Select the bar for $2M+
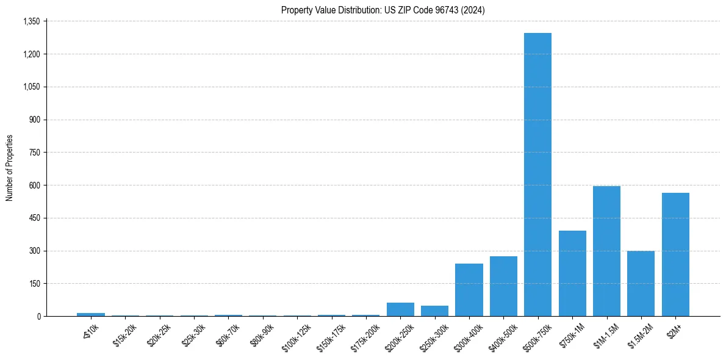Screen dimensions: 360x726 pyautogui.click(x=675, y=254)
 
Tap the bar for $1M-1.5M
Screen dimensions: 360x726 pyautogui.click(x=606, y=251)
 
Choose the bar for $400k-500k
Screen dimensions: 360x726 pyautogui.click(x=503, y=286)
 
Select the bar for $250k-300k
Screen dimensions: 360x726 pyautogui.click(x=434, y=311)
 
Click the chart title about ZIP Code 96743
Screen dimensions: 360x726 pyautogui.click(x=383, y=10)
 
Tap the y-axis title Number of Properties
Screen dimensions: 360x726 pyautogui.click(x=10, y=168)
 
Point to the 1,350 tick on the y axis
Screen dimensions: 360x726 pyautogui.click(x=31, y=21)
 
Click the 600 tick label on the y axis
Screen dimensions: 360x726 pyautogui.click(x=34, y=185)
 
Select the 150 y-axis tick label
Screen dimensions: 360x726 pyautogui.click(x=34, y=284)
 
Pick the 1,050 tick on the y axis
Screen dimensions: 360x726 pyautogui.click(x=31, y=87)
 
